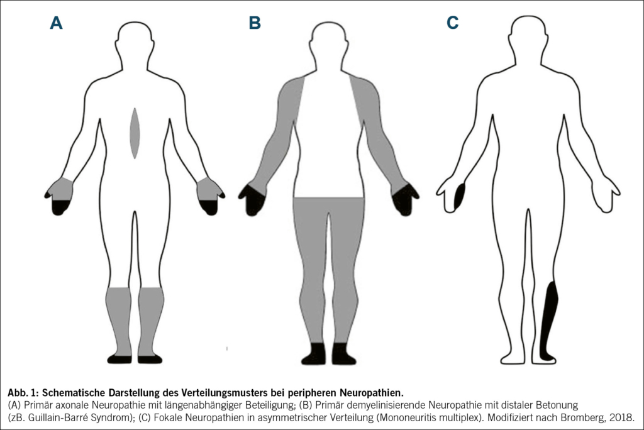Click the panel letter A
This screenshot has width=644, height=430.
pos(57,23)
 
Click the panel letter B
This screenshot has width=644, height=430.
pos(255,23)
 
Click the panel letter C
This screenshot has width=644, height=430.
pos(453,23)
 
